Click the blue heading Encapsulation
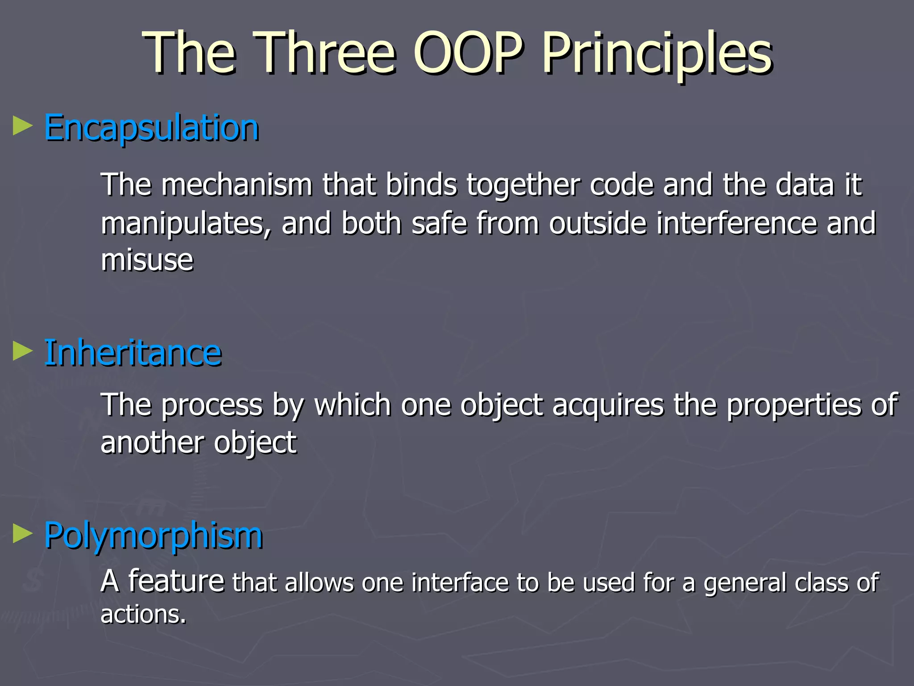click(x=151, y=128)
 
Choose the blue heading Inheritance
click(x=133, y=353)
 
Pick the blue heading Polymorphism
click(x=153, y=535)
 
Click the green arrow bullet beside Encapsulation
click(x=23, y=126)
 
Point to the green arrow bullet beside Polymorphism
click(x=23, y=534)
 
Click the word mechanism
click(x=237, y=184)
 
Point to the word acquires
click(x=608, y=405)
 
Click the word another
click(x=152, y=443)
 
